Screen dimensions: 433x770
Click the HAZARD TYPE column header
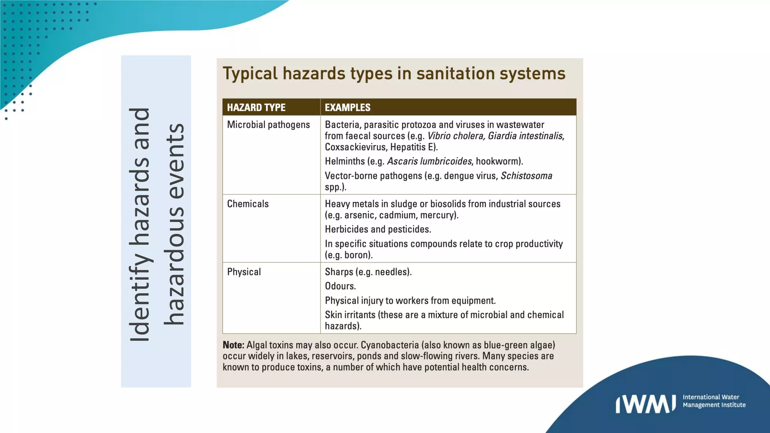point(256,107)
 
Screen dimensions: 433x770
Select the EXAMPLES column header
point(347,107)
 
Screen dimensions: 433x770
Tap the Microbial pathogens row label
point(268,125)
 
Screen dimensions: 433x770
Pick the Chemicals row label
point(248,204)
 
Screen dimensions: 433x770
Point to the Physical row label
point(244,272)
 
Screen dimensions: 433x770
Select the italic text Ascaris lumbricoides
point(429,162)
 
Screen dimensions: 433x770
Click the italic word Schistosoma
point(526,176)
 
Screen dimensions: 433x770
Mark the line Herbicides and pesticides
point(378,230)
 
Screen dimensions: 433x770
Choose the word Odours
point(340,286)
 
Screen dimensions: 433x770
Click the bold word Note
point(233,345)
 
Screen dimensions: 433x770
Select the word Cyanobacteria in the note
point(390,345)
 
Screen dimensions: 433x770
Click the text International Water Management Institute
point(714,401)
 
